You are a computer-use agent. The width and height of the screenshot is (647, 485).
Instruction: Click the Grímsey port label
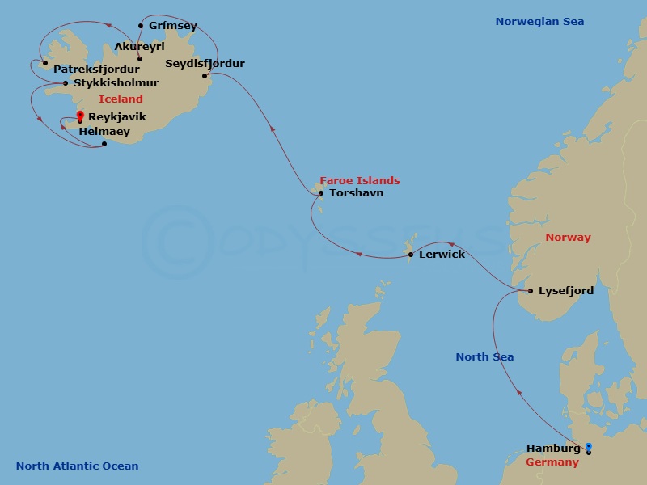(173, 26)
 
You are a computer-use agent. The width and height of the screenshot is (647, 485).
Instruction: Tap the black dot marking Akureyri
(140, 58)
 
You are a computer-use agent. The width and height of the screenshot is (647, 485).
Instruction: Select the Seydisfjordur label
(205, 63)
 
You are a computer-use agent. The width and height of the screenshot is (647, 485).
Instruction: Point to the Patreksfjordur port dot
(45, 63)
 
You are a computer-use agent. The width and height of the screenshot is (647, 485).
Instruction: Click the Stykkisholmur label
(116, 82)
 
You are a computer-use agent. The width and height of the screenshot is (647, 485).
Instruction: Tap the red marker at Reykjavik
(80, 115)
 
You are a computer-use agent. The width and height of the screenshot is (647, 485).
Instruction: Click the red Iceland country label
(121, 99)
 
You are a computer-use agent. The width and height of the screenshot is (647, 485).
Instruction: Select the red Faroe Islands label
(359, 180)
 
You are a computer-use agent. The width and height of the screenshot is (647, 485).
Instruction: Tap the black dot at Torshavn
(321, 193)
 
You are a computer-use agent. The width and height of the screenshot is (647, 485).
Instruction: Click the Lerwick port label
(442, 255)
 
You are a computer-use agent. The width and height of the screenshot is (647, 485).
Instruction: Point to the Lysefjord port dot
(530, 291)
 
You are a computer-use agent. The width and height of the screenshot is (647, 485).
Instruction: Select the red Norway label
(568, 238)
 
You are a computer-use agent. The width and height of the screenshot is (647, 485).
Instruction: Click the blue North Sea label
(484, 356)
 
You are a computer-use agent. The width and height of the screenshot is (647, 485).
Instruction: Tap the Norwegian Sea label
(539, 22)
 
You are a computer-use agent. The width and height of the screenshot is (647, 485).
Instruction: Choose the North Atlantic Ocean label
(77, 466)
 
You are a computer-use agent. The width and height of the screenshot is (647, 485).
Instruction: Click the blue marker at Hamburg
(589, 445)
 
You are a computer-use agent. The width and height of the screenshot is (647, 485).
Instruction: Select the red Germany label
(552, 462)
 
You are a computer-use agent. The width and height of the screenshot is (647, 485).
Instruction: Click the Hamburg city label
(553, 448)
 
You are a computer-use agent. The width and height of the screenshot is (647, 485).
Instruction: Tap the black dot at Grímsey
(141, 26)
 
